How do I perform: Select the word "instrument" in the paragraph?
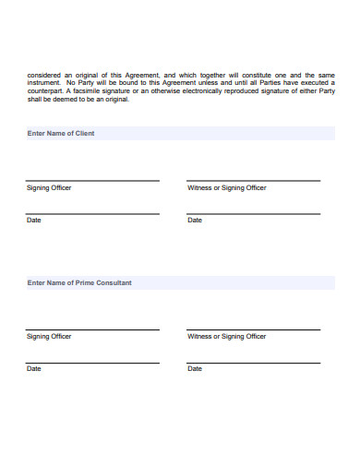(45, 83)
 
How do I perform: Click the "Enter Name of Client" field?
(179, 134)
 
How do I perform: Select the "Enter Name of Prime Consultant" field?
(179, 283)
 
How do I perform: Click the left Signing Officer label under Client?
(49, 187)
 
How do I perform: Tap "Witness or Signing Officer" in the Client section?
(227, 187)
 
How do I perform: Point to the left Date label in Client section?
(34, 221)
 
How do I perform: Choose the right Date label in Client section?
(195, 221)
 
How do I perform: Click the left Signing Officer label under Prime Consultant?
(49, 336)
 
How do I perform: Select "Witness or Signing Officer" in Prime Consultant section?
(227, 336)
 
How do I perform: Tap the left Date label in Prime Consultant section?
(34, 369)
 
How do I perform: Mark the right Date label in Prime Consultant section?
(195, 369)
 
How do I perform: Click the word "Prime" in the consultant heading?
(83, 283)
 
